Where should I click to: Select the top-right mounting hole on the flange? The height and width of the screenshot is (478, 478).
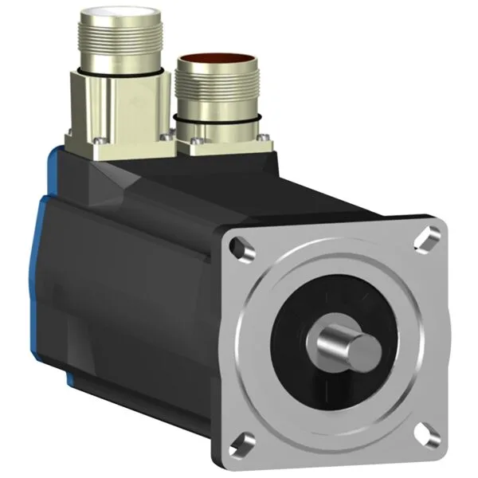pyautogui.click(x=429, y=236)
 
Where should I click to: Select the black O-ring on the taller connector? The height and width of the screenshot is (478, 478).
pyautogui.click(x=118, y=72)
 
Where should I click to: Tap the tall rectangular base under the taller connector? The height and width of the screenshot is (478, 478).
pyautogui.click(x=119, y=108)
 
